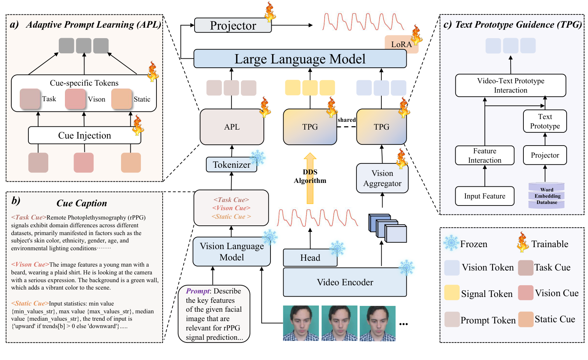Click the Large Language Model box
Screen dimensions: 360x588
click(x=300, y=59)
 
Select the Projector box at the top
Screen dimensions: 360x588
click(x=233, y=25)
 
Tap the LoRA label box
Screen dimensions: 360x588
click(x=401, y=44)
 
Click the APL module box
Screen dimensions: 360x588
click(x=232, y=127)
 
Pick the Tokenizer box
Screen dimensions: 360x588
click(x=232, y=165)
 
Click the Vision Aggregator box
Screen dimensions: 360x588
click(x=382, y=178)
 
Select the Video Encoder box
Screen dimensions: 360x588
click(x=345, y=282)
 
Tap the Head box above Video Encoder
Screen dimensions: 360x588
click(x=310, y=258)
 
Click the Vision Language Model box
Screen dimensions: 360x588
click(x=232, y=252)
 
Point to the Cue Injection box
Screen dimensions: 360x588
click(x=84, y=135)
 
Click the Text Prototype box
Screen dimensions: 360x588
click(x=545, y=121)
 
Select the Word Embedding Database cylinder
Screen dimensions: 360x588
click(x=546, y=196)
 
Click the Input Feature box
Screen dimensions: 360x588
click(x=484, y=196)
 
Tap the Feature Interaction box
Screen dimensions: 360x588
click(x=484, y=156)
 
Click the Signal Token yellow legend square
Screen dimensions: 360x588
click(x=452, y=293)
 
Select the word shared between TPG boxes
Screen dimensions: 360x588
click(x=346, y=120)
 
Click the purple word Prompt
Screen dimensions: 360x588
click(x=198, y=291)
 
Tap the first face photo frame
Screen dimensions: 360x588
click(x=301, y=323)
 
